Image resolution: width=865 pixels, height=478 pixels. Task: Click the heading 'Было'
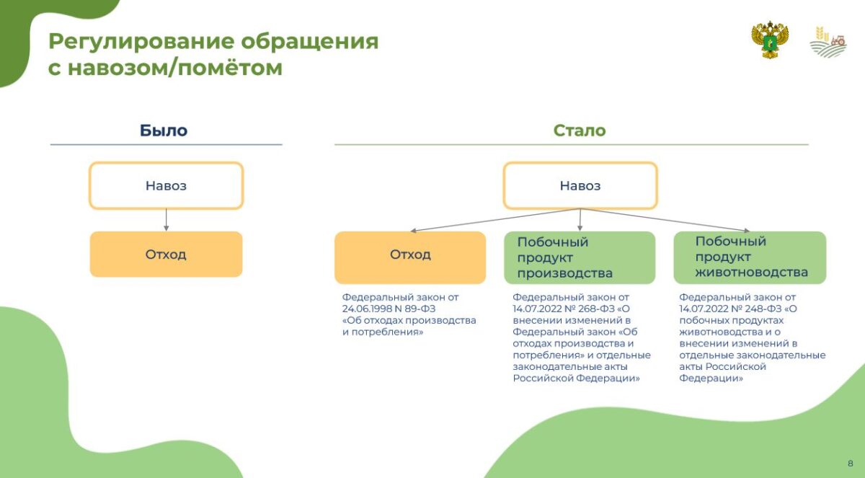click(164, 130)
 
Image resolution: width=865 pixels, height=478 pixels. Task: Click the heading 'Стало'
click(580, 130)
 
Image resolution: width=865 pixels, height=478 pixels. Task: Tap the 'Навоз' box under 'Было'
click(166, 186)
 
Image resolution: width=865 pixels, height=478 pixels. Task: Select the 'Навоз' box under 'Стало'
click(580, 186)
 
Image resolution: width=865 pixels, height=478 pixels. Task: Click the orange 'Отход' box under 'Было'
click(166, 254)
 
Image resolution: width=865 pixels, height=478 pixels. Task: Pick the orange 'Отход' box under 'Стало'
click(410, 257)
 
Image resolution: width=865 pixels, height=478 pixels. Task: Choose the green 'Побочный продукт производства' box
click(580, 257)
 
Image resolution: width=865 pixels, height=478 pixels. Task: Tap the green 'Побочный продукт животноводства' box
click(750, 257)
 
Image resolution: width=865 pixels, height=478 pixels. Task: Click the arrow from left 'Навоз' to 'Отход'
click(166, 220)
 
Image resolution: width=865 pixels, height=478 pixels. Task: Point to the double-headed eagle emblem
click(770, 40)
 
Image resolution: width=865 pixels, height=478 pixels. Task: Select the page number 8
click(851, 464)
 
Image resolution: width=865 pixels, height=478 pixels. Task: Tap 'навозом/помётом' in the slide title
click(175, 68)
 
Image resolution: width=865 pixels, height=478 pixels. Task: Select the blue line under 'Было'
click(166, 145)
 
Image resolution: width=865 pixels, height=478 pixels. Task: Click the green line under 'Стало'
click(572, 145)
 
